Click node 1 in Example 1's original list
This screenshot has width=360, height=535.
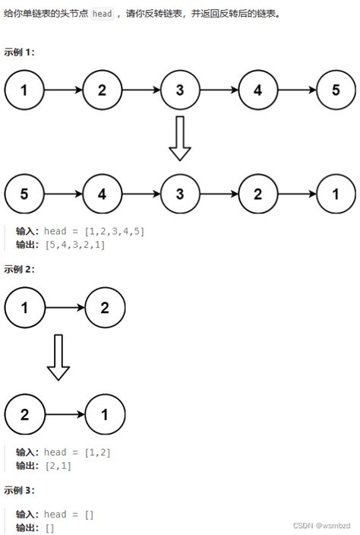pyautogui.click(x=24, y=90)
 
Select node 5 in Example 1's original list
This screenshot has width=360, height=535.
pyautogui.click(x=336, y=90)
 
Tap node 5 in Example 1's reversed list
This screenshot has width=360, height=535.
pyautogui.click(x=24, y=194)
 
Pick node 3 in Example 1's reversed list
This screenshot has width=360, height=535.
pyautogui.click(x=180, y=194)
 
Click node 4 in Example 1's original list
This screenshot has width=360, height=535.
pyautogui.click(x=258, y=90)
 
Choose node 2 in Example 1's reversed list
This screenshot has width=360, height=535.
pyautogui.click(x=258, y=194)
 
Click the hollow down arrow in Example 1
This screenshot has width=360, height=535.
pyautogui.click(x=180, y=138)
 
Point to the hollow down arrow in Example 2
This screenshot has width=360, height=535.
pyautogui.click(x=58, y=357)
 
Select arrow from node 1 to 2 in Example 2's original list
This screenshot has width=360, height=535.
pyautogui.click(x=65, y=308)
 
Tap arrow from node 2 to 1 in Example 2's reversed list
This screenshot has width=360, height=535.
pyautogui.click(x=65, y=415)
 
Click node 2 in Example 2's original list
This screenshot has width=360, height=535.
pyautogui.click(x=105, y=308)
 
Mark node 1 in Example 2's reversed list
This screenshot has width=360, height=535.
pyautogui.click(x=105, y=415)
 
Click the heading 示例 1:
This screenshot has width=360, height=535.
pyautogui.click(x=19, y=52)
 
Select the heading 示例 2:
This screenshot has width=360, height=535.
pyautogui.click(x=19, y=269)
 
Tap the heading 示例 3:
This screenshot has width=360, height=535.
pyautogui.click(x=19, y=490)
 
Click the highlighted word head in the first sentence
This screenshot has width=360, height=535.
pyautogui.click(x=103, y=14)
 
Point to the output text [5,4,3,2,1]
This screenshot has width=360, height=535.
pyautogui.click(x=75, y=245)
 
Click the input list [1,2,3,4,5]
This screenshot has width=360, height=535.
pyautogui.click(x=115, y=231)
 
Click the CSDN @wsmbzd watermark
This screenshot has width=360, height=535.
pyautogui.click(x=322, y=525)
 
